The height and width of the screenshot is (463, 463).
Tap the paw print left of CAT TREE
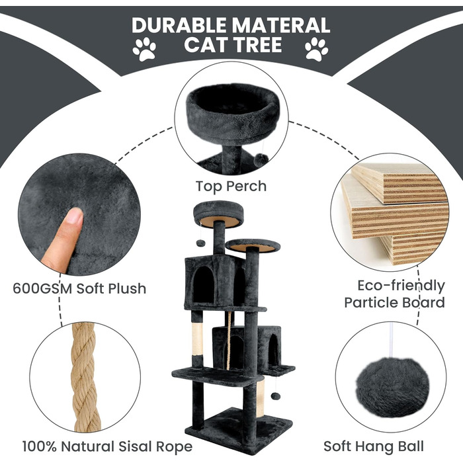pyautogui.click(x=144, y=49)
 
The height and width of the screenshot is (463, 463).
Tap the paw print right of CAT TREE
pyautogui.click(x=317, y=49)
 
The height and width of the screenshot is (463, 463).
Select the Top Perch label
pyautogui.click(x=231, y=187)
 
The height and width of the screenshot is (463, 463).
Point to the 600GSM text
pyautogui.click(x=42, y=288)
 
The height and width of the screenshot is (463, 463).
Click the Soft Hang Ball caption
pyautogui.click(x=374, y=446)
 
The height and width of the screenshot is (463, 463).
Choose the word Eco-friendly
pyautogui.click(x=401, y=286)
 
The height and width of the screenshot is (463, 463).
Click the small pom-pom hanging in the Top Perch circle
pyautogui.click(x=261, y=160)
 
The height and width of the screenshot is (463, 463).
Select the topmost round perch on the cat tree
pyautogui.click(x=218, y=213)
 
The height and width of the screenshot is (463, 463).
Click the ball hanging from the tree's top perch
pyautogui.click(x=201, y=243)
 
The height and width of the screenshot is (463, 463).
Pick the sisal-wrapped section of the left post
pyautogui.click(x=197, y=339)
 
